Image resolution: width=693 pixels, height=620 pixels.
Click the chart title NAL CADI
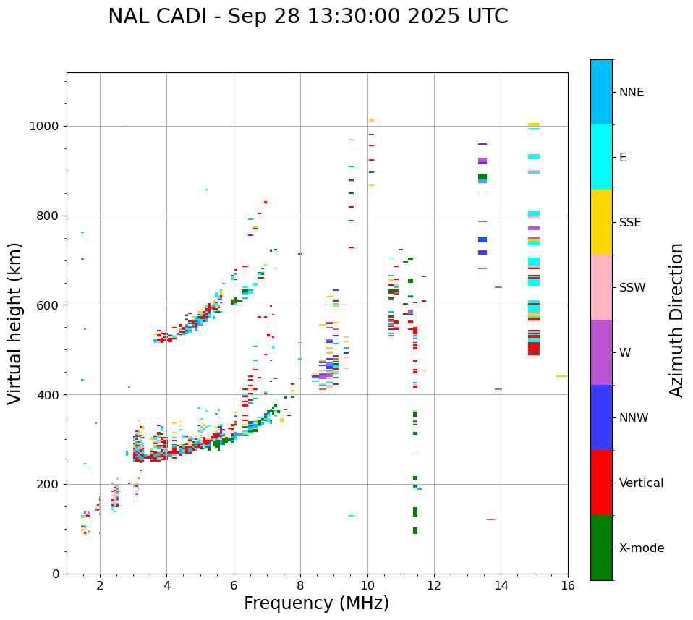coord(307,17)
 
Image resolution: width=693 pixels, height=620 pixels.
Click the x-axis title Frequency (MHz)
coord(316,603)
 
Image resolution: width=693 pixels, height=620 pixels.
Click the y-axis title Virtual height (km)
coord(15,323)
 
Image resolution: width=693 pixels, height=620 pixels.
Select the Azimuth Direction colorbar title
coord(676,320)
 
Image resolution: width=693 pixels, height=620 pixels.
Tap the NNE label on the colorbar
coord(631,93)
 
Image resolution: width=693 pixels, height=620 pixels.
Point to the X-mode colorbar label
coord(641,548)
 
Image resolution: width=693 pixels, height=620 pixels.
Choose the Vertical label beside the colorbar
coord(641,483)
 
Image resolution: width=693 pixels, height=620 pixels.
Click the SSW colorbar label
coord(632,288)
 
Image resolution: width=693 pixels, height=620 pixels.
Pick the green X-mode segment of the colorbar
coord(601,548)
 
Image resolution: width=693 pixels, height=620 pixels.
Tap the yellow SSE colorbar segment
coord(601,222)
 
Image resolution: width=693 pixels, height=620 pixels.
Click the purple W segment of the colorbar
coord(601,352)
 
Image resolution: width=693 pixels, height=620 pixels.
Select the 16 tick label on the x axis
coord(568,585)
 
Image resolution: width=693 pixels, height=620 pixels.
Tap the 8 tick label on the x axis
coord(300,585)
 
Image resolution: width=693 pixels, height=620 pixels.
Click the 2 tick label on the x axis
coord(100,585)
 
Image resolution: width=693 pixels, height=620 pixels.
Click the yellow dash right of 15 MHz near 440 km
coord(561,376)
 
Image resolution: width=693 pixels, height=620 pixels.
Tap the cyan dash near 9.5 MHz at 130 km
coord(351,516)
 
